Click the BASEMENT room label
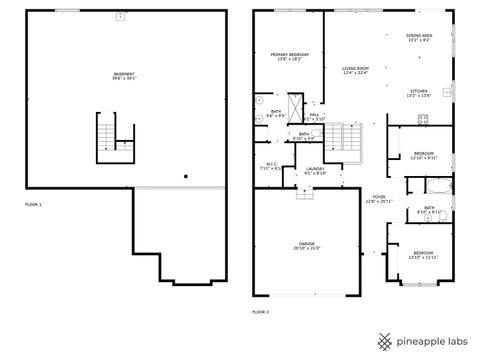[125, 75]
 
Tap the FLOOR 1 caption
[34, 204]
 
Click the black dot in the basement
[185, 177]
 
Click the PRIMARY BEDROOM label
[288, 57]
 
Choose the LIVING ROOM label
[355, 70]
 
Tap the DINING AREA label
[418, 38]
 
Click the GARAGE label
[305, 245]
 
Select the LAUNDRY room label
[314, 170]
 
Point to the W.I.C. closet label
[271, 167]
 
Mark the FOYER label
[379, 199]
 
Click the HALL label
[313, 116]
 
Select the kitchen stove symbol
[424, 119]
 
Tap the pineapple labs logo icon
[382, 339]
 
